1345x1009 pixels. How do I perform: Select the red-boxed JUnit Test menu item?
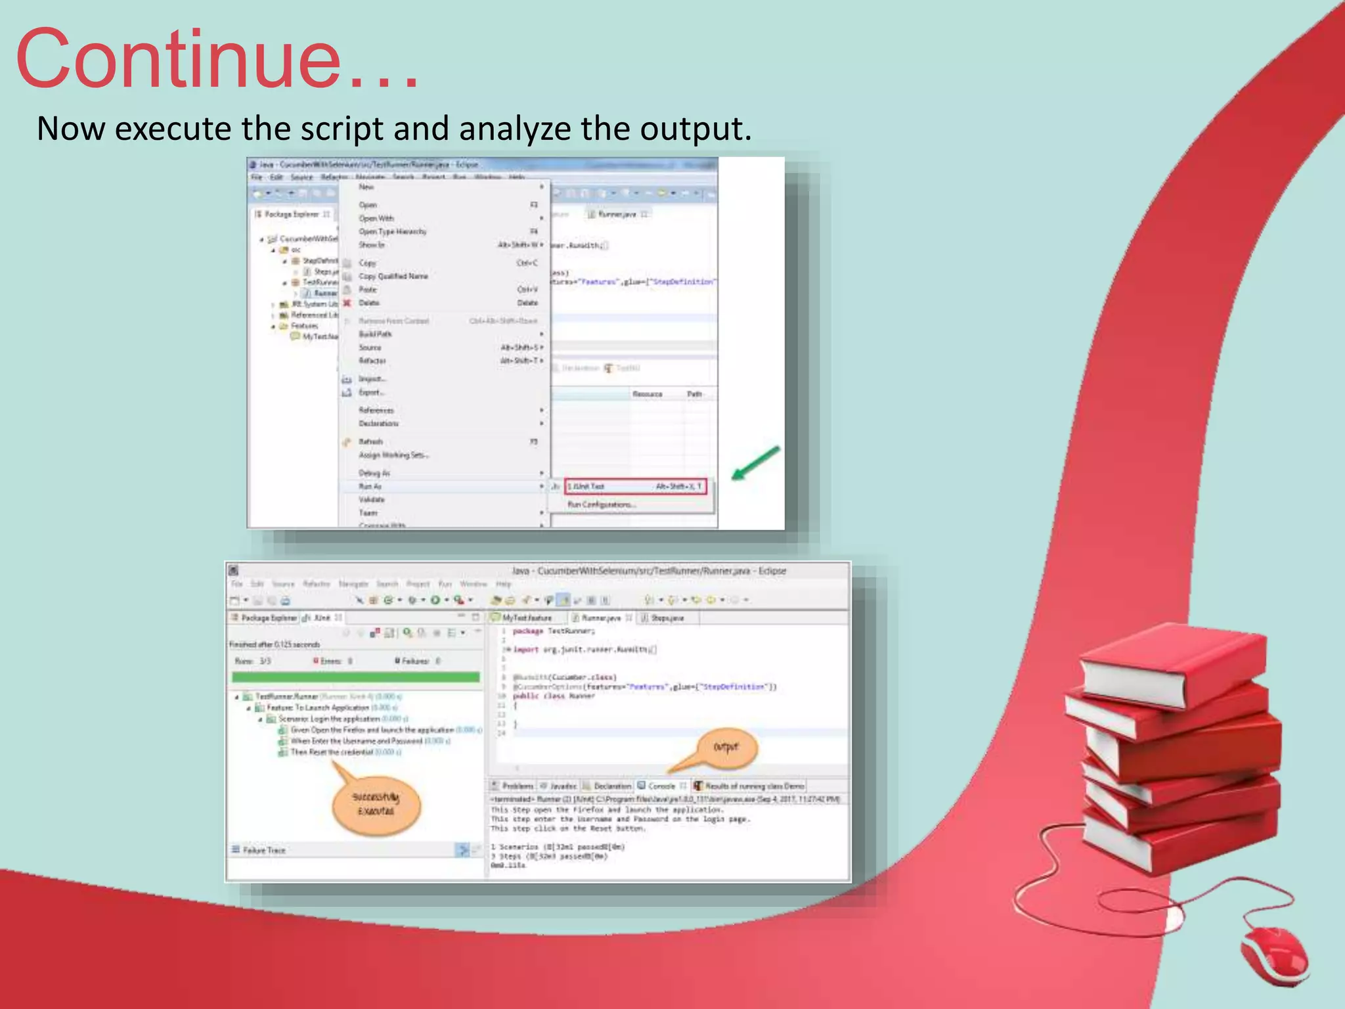636,487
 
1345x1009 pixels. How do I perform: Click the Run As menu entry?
370,487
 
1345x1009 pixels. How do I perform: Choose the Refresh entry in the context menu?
371,441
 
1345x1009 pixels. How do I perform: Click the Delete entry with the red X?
369,303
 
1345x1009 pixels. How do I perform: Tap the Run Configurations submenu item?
601,504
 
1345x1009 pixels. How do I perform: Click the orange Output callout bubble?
726,748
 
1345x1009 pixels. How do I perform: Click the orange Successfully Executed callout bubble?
376,805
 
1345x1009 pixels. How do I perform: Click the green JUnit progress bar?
355,677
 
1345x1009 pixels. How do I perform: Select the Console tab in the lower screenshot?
661,786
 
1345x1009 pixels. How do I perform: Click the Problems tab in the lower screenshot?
517,786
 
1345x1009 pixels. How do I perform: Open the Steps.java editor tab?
667,618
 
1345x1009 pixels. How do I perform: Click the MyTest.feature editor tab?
526,618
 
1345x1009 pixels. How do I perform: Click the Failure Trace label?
264,850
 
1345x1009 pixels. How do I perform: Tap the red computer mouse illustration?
1274,956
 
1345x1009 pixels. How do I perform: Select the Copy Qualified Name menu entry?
393,277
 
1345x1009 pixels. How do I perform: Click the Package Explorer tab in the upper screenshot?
291,214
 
